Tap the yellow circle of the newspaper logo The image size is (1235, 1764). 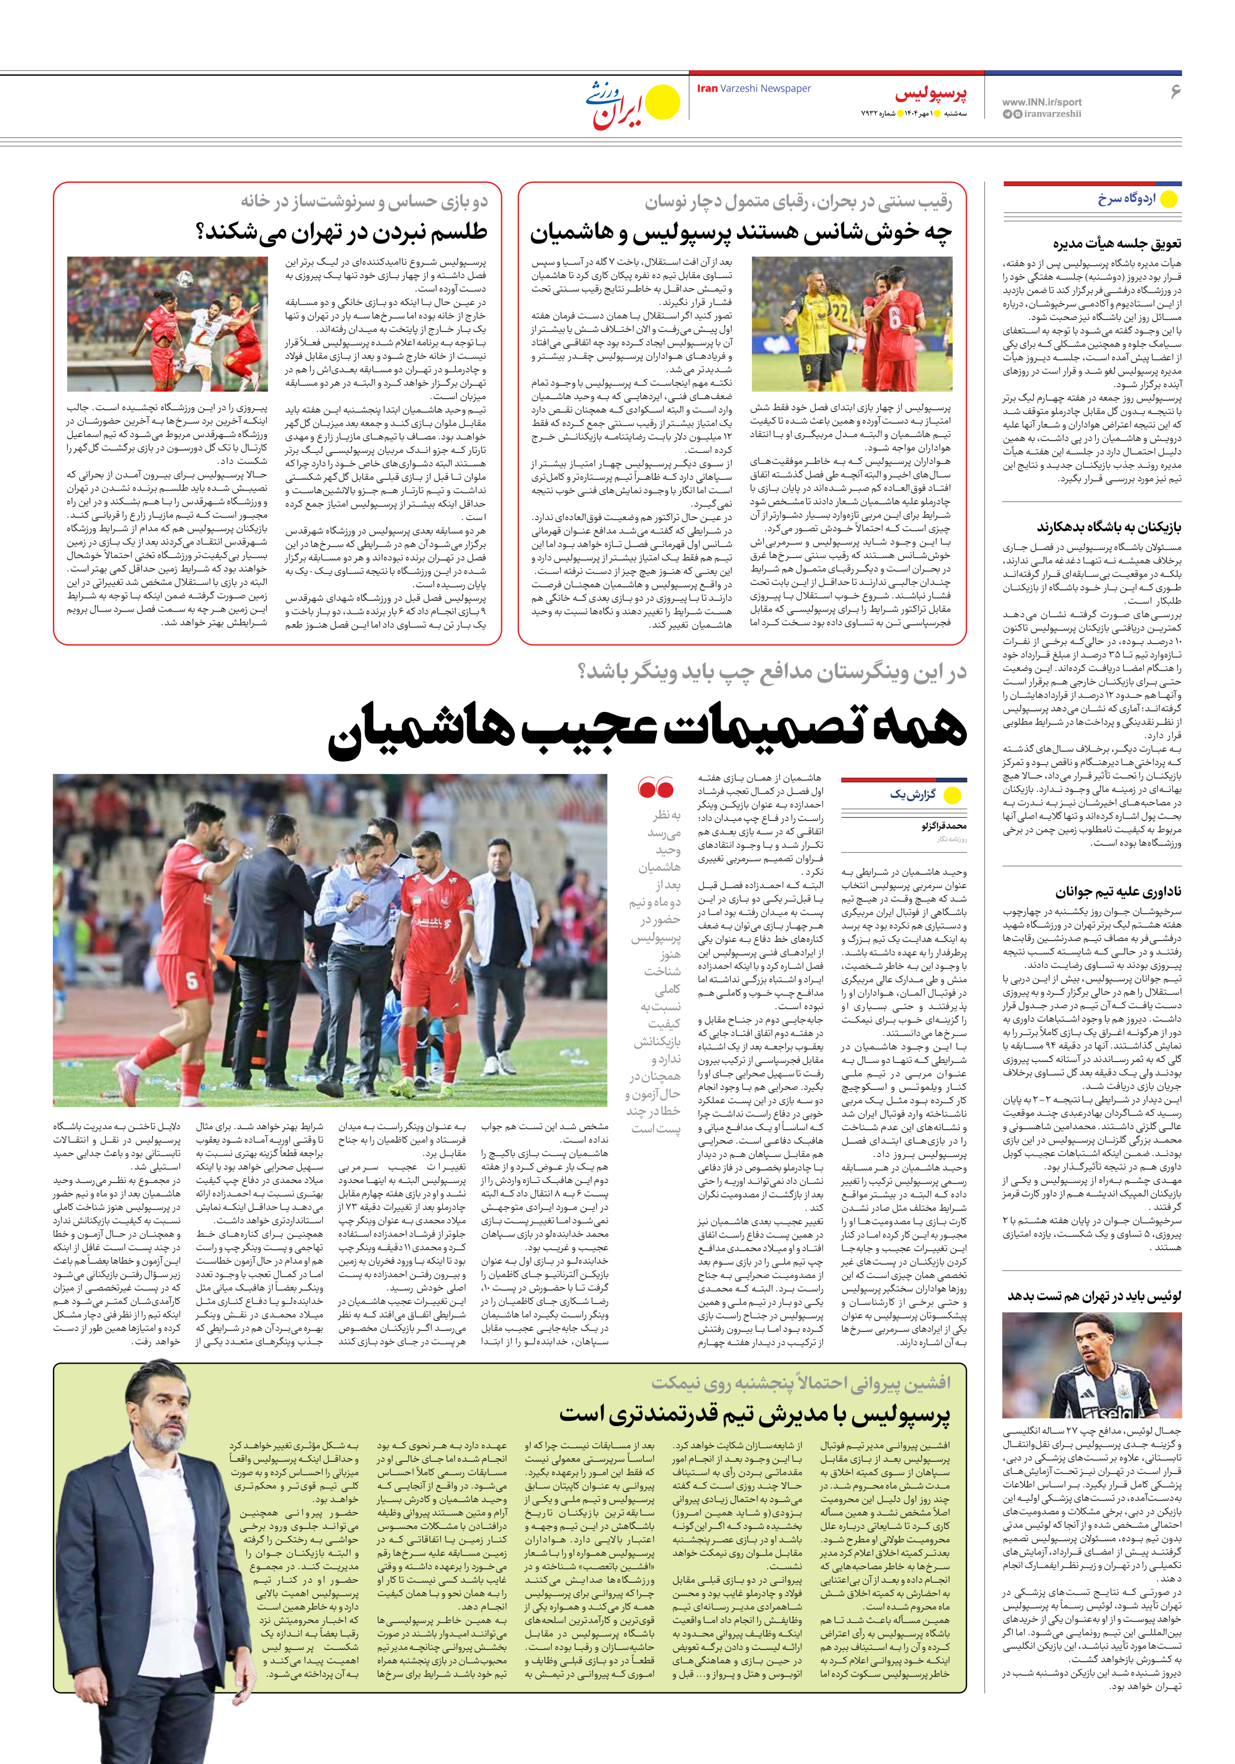point(661,103)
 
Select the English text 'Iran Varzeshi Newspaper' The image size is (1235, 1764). point(753,88)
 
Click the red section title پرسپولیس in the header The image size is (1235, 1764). point(931,94)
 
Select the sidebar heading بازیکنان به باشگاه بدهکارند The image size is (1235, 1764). point(1109,527)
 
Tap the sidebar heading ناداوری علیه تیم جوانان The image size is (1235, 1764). point(1118,892)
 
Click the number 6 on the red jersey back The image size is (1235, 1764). point(895,317)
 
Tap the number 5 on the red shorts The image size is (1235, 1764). point(191,981)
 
